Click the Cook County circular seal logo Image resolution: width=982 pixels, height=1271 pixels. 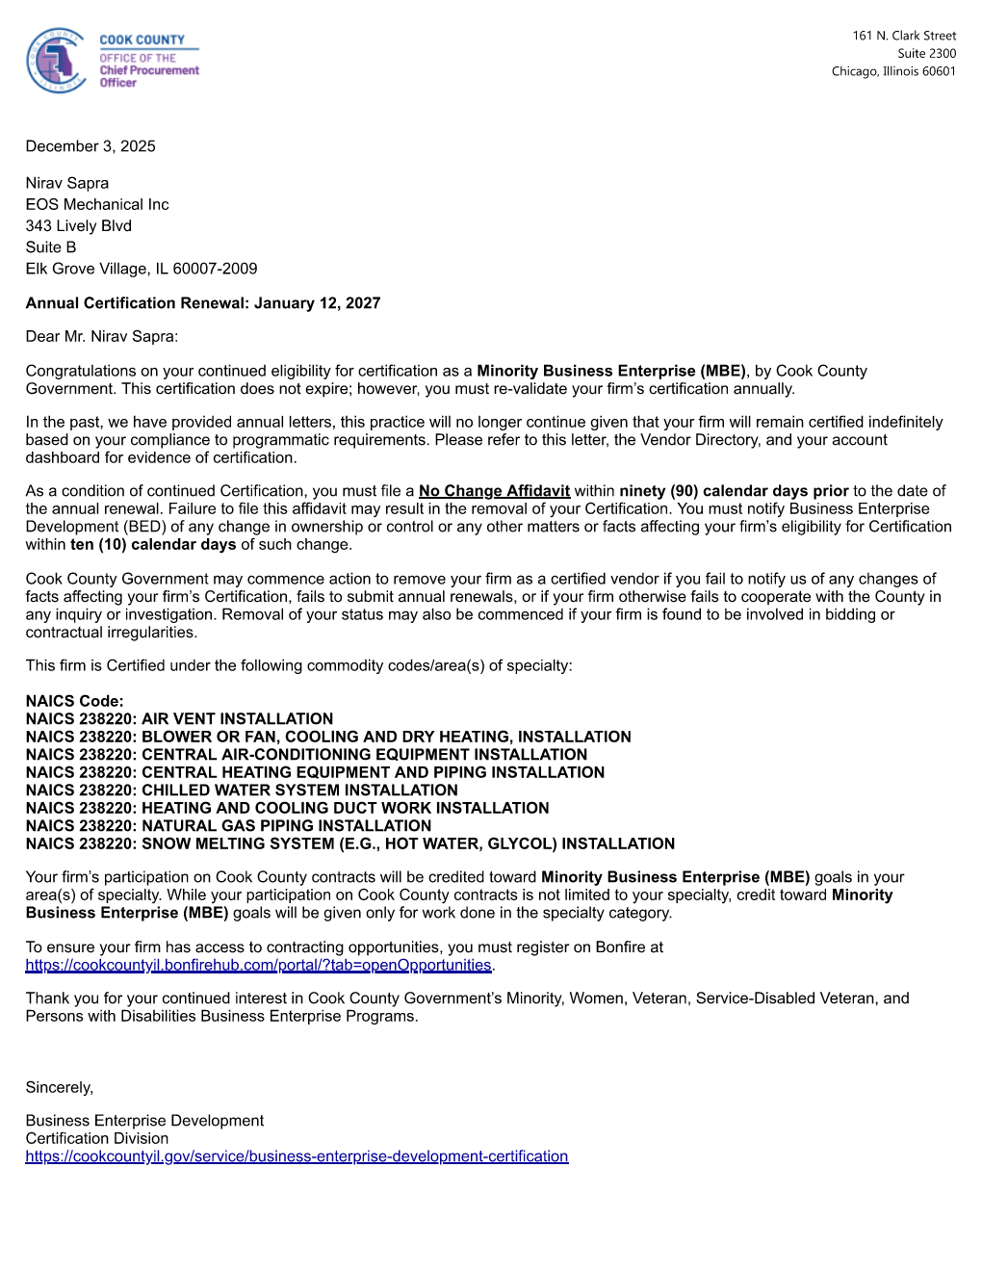coord(57,61)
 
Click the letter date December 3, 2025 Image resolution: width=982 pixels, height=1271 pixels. coord(90,146)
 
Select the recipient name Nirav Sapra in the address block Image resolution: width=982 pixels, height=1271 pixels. coord(67,183)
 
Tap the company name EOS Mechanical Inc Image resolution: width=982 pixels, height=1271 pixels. coord(97,204)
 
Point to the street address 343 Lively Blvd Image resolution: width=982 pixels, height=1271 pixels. coord(79,225)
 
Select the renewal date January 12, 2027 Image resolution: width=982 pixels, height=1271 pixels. coord(317,303)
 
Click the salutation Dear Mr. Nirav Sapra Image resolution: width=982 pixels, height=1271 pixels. coord(101,336)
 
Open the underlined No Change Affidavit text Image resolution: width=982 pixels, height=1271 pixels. coord(494,491)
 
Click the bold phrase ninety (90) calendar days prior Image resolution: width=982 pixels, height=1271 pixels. coord(734,491)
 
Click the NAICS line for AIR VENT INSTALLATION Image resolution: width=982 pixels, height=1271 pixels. coord(179,719)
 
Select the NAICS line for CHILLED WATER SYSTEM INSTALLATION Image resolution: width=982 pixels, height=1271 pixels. coord(242,791)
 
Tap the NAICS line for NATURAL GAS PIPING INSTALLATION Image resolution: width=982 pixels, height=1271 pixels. coord(228,826)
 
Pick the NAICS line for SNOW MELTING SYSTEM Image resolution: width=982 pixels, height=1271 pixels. coord(350,843)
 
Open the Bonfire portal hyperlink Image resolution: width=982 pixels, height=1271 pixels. coord(258,966)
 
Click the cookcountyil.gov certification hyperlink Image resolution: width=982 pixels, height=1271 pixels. coord(297,1156)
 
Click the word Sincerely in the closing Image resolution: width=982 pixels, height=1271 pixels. coord(60,1087)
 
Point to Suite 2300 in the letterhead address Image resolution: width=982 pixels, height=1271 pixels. coord(926,54)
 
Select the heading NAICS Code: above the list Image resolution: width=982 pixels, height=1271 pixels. coord(74,701)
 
